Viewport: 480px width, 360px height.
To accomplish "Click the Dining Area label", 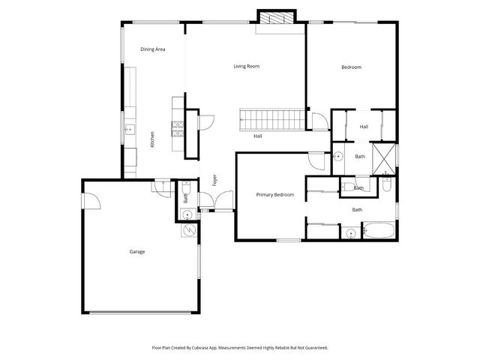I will point(152,49).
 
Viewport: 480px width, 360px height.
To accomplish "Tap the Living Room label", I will point(246,67).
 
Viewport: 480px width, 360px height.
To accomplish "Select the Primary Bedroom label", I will point(274,195).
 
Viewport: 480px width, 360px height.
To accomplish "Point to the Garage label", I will point(136,252).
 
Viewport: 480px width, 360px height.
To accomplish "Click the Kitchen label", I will point(152,139).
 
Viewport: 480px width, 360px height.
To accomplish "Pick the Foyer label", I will point(214,181).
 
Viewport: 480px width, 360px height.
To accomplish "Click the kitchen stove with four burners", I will point(178,130).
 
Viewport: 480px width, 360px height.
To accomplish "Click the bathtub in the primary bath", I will point(378,231).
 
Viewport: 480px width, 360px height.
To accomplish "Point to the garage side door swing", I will point(91,200).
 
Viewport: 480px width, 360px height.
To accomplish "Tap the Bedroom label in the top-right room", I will point(351,67).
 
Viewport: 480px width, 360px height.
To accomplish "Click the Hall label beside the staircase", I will point(257,136).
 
